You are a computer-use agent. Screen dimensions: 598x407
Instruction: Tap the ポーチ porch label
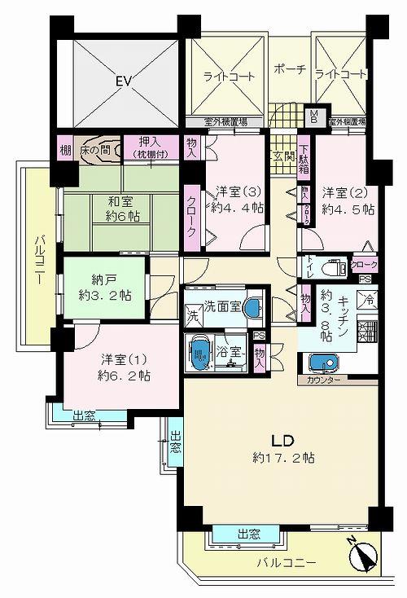point(290,69)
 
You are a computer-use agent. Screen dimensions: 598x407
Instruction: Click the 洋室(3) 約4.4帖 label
point(238,200)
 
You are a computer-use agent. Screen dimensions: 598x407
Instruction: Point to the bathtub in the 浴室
point(199,354)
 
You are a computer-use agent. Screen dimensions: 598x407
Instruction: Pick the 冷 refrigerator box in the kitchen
point(369,299)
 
